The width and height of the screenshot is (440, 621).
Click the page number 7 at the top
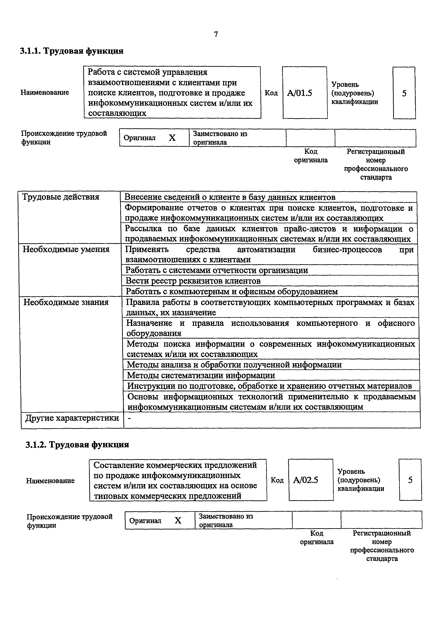pos(216,34)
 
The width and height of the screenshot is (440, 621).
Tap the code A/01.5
pos(300,93)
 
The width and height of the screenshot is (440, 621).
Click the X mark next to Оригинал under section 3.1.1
pos(172,138)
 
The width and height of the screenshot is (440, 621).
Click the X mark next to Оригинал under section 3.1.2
pos(178,520)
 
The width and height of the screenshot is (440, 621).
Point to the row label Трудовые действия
pos(61,197)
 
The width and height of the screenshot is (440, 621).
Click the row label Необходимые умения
pos(66,249)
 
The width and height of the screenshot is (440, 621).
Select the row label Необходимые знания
pos(66,302)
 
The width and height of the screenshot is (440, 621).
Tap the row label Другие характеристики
pos(72,418)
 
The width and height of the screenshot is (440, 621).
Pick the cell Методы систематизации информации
pos(201,375)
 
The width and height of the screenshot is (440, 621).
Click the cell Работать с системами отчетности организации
pos(217,270)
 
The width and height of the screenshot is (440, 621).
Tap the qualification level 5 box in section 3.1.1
pos(404,93)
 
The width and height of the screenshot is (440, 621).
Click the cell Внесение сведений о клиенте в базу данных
pos(230,197)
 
